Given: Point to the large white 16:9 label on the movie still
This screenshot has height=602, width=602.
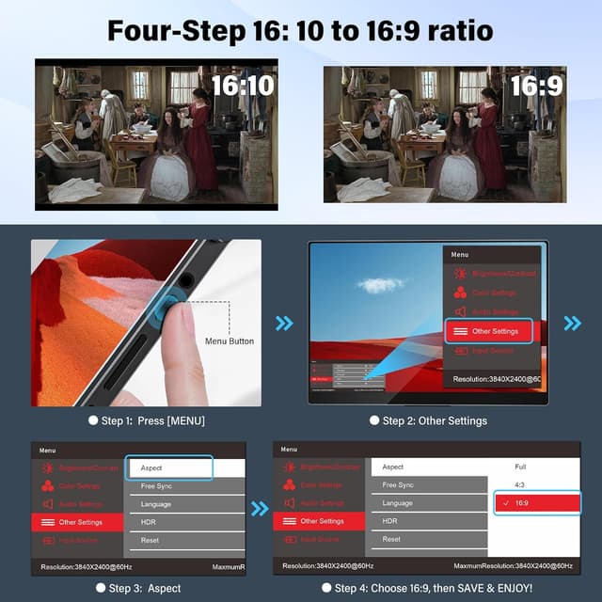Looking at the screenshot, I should click(537, 87).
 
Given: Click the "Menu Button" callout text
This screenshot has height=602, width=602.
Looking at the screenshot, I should click(230, 341).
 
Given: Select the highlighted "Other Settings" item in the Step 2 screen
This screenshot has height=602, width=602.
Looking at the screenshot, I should click(488, 331).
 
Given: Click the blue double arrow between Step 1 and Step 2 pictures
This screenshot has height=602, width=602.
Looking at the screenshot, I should click(283, 324).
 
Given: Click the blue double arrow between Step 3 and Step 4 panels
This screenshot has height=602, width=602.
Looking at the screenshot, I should click(260, 510).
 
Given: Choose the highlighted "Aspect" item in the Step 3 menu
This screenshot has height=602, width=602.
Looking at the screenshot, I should click(169, 467).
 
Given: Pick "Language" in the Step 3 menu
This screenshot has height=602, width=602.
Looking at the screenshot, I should click(156, 504).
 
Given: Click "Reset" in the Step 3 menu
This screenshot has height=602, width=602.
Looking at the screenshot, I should click(150, 540).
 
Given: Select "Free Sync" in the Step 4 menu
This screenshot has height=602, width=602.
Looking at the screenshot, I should click(398, 485).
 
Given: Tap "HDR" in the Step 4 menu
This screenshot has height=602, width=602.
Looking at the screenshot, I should click(390, 521).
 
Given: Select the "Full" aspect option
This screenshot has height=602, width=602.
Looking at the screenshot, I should click(520, 467).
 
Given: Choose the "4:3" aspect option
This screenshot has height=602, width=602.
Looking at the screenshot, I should click(520, 485).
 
